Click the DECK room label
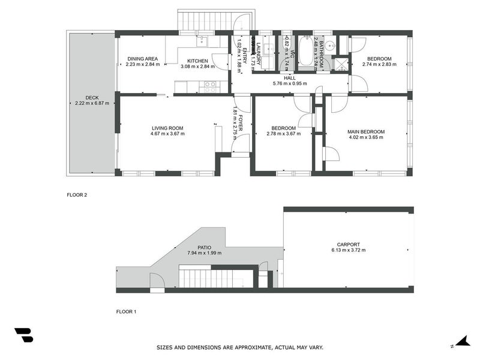[92, 97]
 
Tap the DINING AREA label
[142, 59]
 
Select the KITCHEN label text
[197, 61]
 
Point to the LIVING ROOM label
[167, 128]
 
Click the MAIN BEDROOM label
[366, 131]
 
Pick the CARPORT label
[349, 244]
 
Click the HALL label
[290, 78]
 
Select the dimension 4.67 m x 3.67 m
[167, 134]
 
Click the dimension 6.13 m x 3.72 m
[349, 250]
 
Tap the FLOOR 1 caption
[126, 311]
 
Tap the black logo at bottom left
[23, 335]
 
